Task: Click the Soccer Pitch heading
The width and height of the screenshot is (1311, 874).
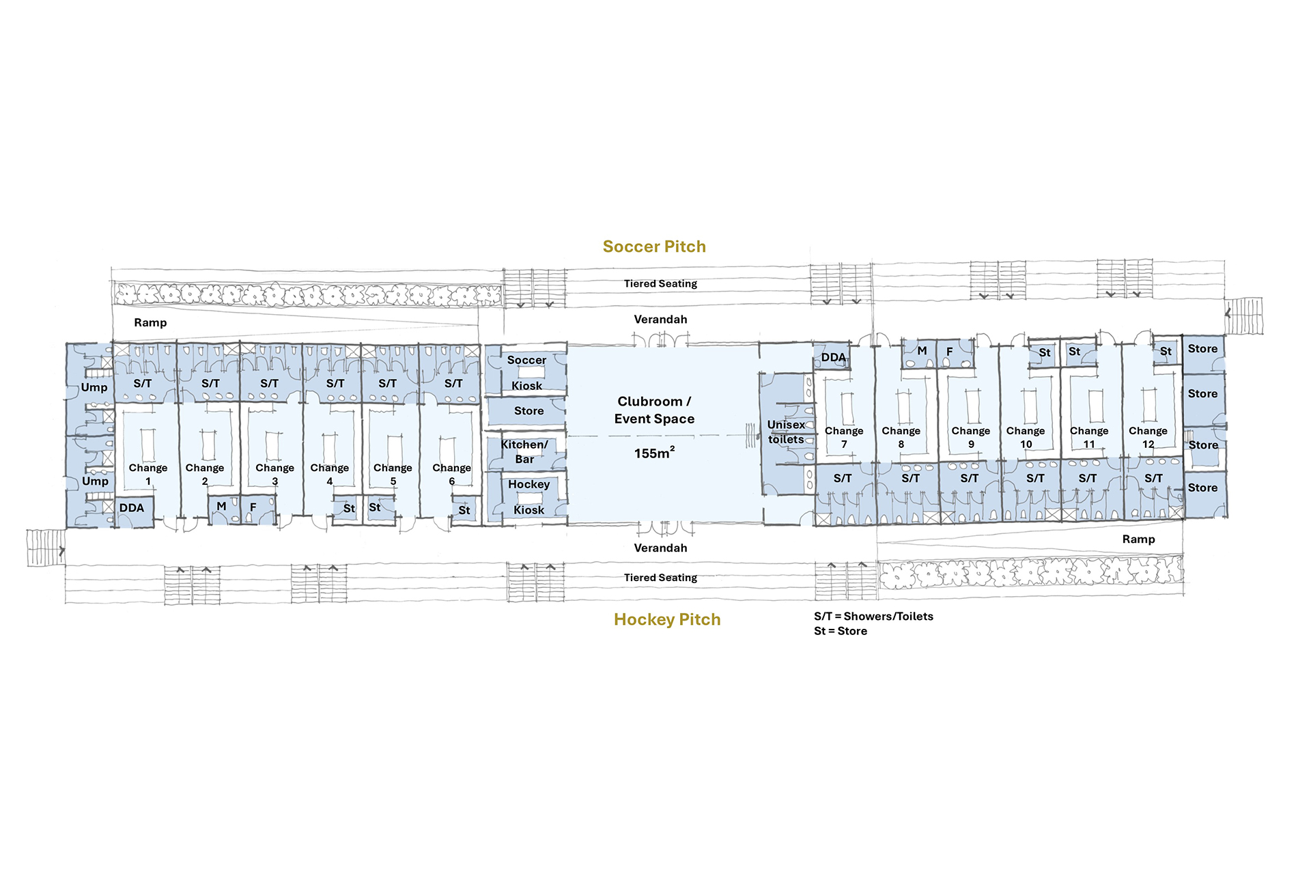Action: click(x=654, y=246)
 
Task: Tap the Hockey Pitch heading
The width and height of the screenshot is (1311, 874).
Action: click(x=667, y=619)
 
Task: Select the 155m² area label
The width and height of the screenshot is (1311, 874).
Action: click(x=654, y=453)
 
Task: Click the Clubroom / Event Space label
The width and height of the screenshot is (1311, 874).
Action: click(x=654, y=410)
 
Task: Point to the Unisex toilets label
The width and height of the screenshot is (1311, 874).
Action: click(x=786, y=432)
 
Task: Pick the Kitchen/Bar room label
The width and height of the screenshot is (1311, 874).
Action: click(x=524, y=451)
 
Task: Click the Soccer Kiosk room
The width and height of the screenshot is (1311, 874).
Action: click(x=526, y=372)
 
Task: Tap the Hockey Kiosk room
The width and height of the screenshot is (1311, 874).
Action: click(x=528, y=497)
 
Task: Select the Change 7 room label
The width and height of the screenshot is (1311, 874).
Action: click(x=844, y=437)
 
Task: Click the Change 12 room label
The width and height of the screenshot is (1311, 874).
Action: click(x=1148, y=437)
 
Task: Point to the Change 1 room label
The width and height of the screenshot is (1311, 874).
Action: click(x=148, y=474)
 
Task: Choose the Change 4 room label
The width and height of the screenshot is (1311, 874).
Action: click(x=330, y=474)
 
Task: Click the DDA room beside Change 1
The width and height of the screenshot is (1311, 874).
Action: click(x=134, y=511)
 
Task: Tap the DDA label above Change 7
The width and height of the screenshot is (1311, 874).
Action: click(x=833, y=357)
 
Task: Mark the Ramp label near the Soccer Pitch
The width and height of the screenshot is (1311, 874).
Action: click(x=150, y=322)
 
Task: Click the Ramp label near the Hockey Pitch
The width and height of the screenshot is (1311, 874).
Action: click(x=1138, y=539)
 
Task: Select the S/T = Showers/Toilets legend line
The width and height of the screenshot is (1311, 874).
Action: click(x=873, y=616)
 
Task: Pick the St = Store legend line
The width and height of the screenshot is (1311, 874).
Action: click(x=841, y=631)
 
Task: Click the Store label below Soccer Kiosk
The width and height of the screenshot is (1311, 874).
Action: click(x=528, y=410)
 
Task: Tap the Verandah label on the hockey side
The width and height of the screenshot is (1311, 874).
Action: click(x=660, y=548)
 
